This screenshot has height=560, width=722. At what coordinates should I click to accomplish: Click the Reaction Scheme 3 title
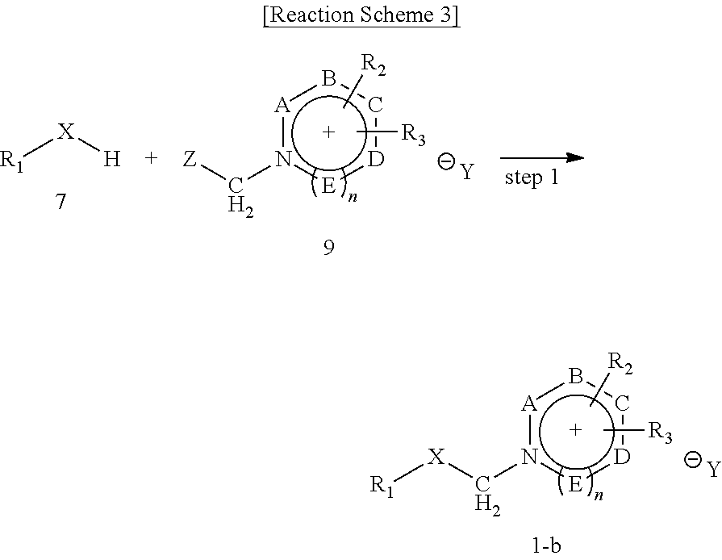tap(361, 17)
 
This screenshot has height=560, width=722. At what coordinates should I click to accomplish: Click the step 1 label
tap(532, 178)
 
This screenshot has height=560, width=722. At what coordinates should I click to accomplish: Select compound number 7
tap(61, 201)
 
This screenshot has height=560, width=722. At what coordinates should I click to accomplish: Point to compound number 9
tap(328, 248)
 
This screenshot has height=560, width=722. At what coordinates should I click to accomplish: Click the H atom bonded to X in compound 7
tap(112, 159)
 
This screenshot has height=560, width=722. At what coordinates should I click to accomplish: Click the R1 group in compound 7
tap(14, 161)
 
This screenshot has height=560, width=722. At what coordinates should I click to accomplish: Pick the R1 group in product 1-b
tap(382, 486)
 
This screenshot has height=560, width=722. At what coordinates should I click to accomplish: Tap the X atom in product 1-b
tap(436, 458)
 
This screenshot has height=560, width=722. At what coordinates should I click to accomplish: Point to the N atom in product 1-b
tap(528, 458)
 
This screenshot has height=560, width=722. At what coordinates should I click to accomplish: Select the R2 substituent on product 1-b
tap(620, 367)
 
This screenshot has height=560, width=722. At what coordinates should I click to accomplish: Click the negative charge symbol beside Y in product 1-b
tap(691, 461)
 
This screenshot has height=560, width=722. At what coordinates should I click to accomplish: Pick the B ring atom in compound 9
tap(328, 78)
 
